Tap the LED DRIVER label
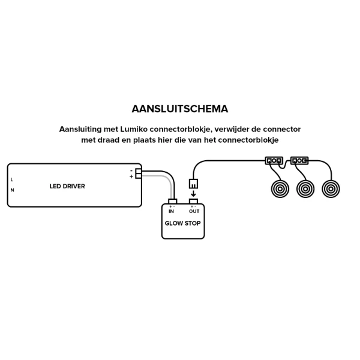click(67, 187)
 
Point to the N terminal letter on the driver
click(12, 190)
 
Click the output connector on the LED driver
click(139, 173)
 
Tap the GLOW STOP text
click(182, 223)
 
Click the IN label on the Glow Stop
click(172, 211)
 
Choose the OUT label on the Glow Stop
click(194, 211)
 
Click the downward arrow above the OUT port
click(193, 194)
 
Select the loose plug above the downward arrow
click(193, 183)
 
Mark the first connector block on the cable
click(274, 161)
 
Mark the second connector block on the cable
click(299, 161)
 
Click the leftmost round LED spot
click(279, 189)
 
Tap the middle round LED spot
click(305, 189)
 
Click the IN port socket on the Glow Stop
click(172, 201)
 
